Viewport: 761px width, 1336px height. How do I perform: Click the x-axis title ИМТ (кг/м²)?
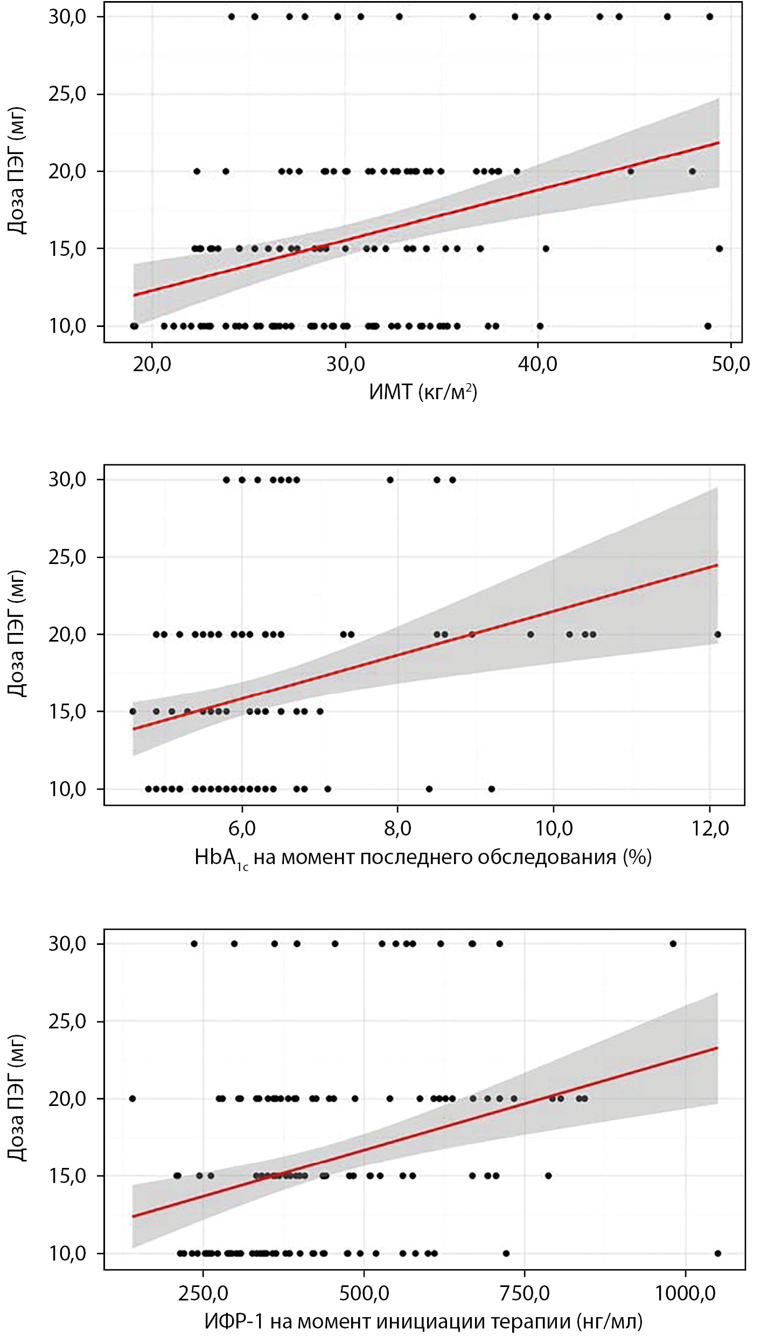(x=423, y=392)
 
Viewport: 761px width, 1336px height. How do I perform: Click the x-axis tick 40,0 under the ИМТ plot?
(x=537, y=364)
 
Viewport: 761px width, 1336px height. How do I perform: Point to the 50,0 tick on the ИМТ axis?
(x=730, y=364)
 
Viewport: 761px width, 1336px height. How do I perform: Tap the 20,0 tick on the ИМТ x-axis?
(x=152, y=364)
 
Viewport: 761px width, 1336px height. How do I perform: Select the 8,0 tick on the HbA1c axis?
(x=397, y=828)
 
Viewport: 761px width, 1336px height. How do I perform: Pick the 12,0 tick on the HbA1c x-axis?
(x=709, y=828)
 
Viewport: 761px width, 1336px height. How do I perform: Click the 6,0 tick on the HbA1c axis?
(x=242, y=828)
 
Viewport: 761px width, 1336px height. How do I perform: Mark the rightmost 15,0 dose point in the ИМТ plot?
(x=719, y=248)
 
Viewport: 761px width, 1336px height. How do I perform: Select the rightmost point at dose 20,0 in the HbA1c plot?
(x=717, y=634)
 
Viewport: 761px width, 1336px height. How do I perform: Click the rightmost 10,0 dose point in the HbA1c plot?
(x=491, y=789)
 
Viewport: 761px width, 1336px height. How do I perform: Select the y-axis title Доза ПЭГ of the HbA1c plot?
(x=17, y=634)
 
